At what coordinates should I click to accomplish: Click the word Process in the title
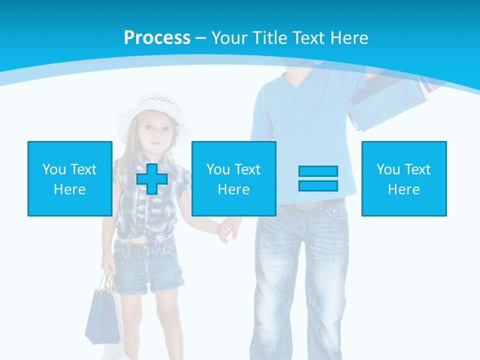(x=157, y=37)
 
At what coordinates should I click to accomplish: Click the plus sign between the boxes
(x=152, y=178)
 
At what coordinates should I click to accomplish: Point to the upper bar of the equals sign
(x=318, y=171)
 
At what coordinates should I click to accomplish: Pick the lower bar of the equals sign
(x=318, y=185)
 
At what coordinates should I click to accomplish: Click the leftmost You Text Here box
(x=69, y=178)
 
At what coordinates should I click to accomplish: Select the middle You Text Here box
(x=233, y=178)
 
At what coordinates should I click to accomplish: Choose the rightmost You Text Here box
(x=403, y=178)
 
